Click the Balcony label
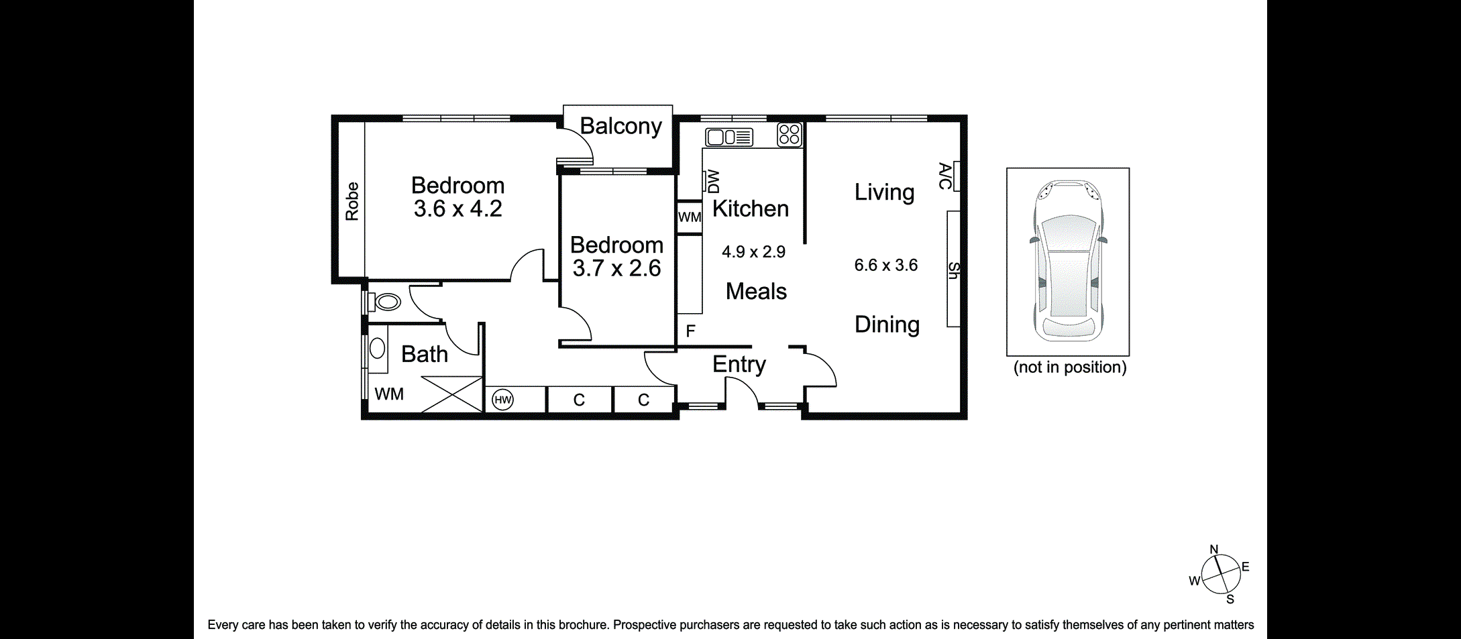pyautogui.click(x=620, y=126)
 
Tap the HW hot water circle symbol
pyautogui.click(x=502, y=400)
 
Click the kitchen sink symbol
pyautogui.click(x=729, y=137)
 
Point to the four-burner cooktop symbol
pyautogui.click(x=790, y=134)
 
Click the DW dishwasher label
pyautogui.click(x=713, y=181)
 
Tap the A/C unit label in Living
pyautogui.click(x=944, y=176)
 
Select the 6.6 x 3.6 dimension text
pyautogui.click(x=885, y=266)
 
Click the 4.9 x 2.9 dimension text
pyautogui.click(x=753, y=252)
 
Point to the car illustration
pyautogui.click(x=1068, y=261)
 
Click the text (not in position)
pyautogui.click(x=1069, y=367)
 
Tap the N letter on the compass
pyautogui.click(x=1213, y=550)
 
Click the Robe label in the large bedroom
pyautogui.click(x=352, y=201)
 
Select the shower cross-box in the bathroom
pyautogui.click(x=451, y=394)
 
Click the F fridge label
pyautogui.click(x=690, y=331)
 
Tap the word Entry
pyautogui.click(x=739, y=364)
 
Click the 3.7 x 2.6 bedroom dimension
pyautogui.click(x=616, y=268)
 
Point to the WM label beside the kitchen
pyautogui.click(x=689, y=217)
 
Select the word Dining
pyautogui.click(x=887, y=325)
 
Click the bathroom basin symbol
pyautogui.click(x=377, y=348)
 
